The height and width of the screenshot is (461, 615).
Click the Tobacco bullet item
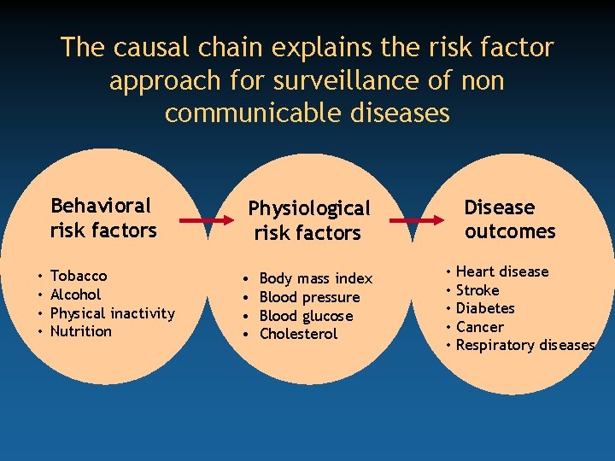[x=79, y=276]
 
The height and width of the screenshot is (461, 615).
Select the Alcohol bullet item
[x=75, y=295]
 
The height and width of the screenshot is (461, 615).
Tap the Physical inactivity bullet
[x=112, y=313]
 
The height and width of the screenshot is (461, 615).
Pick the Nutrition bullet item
[x=81, y=331]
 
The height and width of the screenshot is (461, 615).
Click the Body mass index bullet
[x=315, y=278]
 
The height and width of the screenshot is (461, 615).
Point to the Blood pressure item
[x=309, y=297]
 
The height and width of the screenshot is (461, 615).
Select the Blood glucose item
[x=306, y=316]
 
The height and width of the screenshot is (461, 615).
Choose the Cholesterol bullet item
[x=298, y=334]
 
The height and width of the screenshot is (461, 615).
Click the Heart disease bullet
[x=502, y=271]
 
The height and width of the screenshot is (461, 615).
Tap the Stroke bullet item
[x=477, y=290]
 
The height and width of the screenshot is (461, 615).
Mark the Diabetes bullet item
[x=485, y=308]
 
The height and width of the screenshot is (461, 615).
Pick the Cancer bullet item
[x=480, y=327]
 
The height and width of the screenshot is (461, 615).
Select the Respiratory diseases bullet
[x=525, y=345]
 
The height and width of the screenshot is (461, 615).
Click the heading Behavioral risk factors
[x=102, y=218]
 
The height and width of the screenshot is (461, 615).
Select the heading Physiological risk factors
[x=308, y=220]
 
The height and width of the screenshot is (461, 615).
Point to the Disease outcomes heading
[x=509, y=219]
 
